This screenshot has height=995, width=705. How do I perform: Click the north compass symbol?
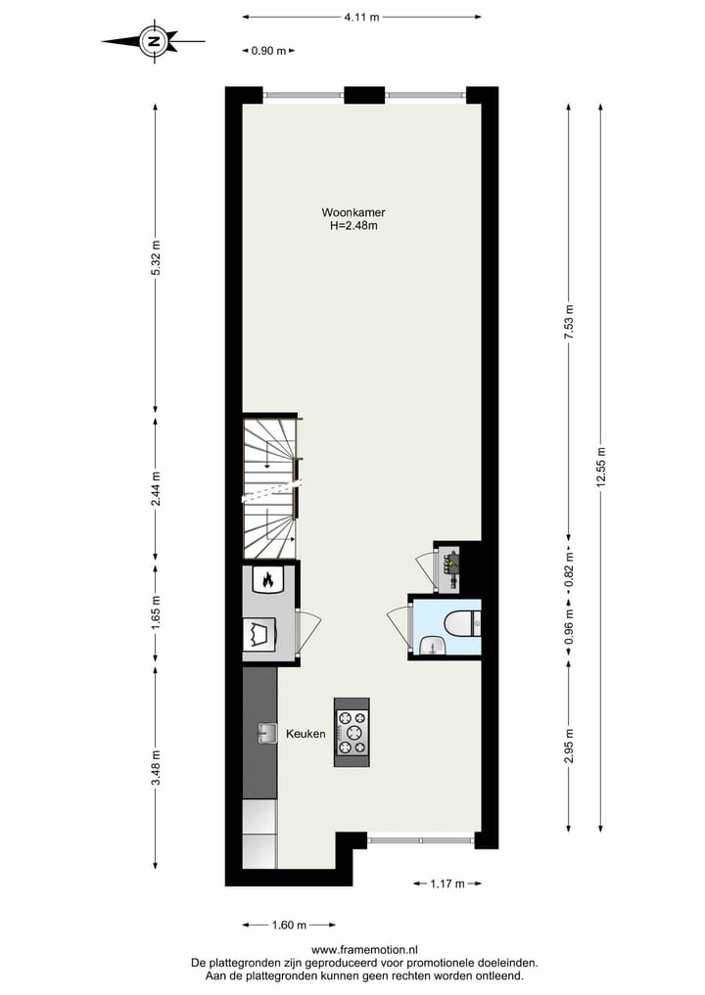tap(154, 41)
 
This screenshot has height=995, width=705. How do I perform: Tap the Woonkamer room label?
tap(353, 212)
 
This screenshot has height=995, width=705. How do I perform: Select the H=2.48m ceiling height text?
tap(353, 226)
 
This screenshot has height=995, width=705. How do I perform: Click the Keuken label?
tap(305, 733)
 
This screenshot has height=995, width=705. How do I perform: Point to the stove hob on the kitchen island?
tap(352, 732)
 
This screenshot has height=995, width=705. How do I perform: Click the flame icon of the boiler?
tap(264, 581)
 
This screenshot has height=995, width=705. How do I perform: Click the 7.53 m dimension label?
tap(569, 322)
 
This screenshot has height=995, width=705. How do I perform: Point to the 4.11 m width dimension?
tap(361, 17)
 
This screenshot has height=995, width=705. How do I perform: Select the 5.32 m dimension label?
tap(155, 258)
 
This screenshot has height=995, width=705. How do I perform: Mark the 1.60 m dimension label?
tap(288, 925)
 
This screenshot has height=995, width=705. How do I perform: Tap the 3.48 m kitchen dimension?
tap(155, 768)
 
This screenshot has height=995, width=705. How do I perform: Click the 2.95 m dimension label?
tap(569, 748)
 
